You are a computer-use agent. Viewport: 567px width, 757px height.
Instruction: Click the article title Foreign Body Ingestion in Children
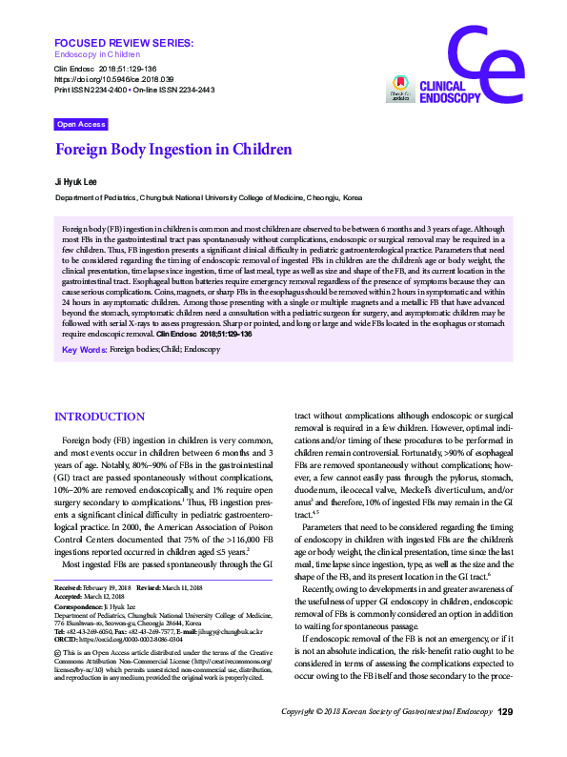coord(173,150)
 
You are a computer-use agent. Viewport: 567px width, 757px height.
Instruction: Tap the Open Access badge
coord(81,124)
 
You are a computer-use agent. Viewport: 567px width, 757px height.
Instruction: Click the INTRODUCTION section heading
coord(100,418)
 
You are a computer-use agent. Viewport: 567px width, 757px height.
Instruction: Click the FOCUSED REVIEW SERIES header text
coord(124,44)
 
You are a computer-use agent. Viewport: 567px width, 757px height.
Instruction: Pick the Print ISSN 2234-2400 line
coord(93,90)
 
